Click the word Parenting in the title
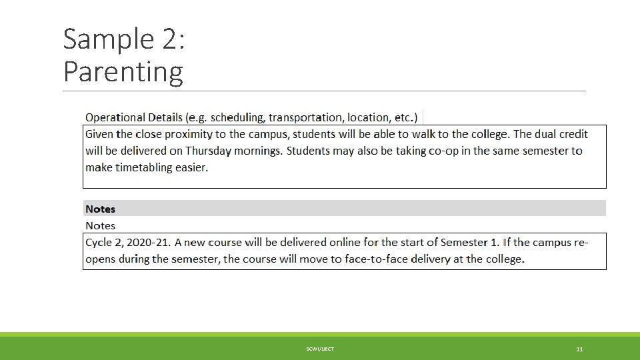123,71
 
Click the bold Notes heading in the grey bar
100,209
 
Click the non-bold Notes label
100,226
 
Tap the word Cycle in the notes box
99,243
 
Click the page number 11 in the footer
579,349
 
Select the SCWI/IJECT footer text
320,349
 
